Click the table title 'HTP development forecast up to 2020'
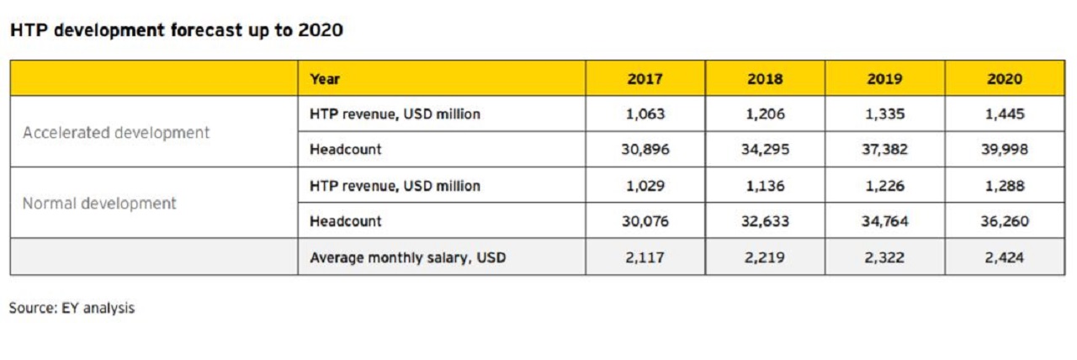tap(176, 31)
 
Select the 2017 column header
tap(645, 79)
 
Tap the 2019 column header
tap(884, 79)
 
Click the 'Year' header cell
tap(325, 79)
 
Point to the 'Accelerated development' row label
tap(116, 133)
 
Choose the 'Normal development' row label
tap(99, 204)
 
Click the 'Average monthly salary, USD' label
tap(408, 257)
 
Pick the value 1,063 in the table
tap(645, 114)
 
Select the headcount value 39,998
tap(1005, 150)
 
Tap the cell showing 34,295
tap(764, 150)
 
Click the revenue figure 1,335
tap(884, 114)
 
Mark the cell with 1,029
tap(645, 186)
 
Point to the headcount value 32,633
tap(764, 221)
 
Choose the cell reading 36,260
tap(1005, 221)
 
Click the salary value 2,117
tap(645, 257)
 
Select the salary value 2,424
tap(1005, 257)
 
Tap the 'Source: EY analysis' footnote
tap(72, 308)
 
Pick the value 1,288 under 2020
tap(1005, 186)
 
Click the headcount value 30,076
tap(645, 221)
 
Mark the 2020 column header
tap(1005, 79)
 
